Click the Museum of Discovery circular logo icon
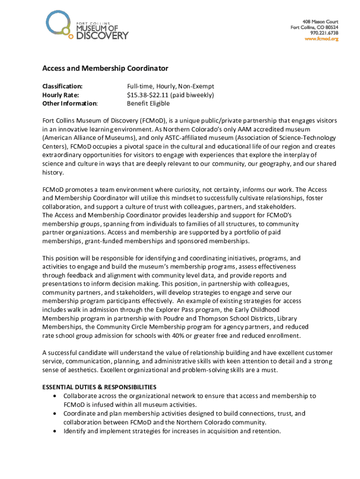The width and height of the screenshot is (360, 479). pos(58,23)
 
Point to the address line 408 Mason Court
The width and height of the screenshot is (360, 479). pos(320,22)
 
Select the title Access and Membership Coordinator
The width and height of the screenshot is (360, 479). pos(105,68)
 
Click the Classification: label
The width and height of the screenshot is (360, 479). pos(63,87)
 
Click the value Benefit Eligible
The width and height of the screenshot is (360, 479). pos(148,103)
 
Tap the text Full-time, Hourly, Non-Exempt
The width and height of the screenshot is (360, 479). pos(170,87)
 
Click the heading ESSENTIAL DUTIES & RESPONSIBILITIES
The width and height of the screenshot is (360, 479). pos(99,387)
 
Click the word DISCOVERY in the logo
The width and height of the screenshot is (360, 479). pos(102,35)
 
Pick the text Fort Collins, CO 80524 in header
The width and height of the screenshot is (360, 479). pos(314,27)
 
